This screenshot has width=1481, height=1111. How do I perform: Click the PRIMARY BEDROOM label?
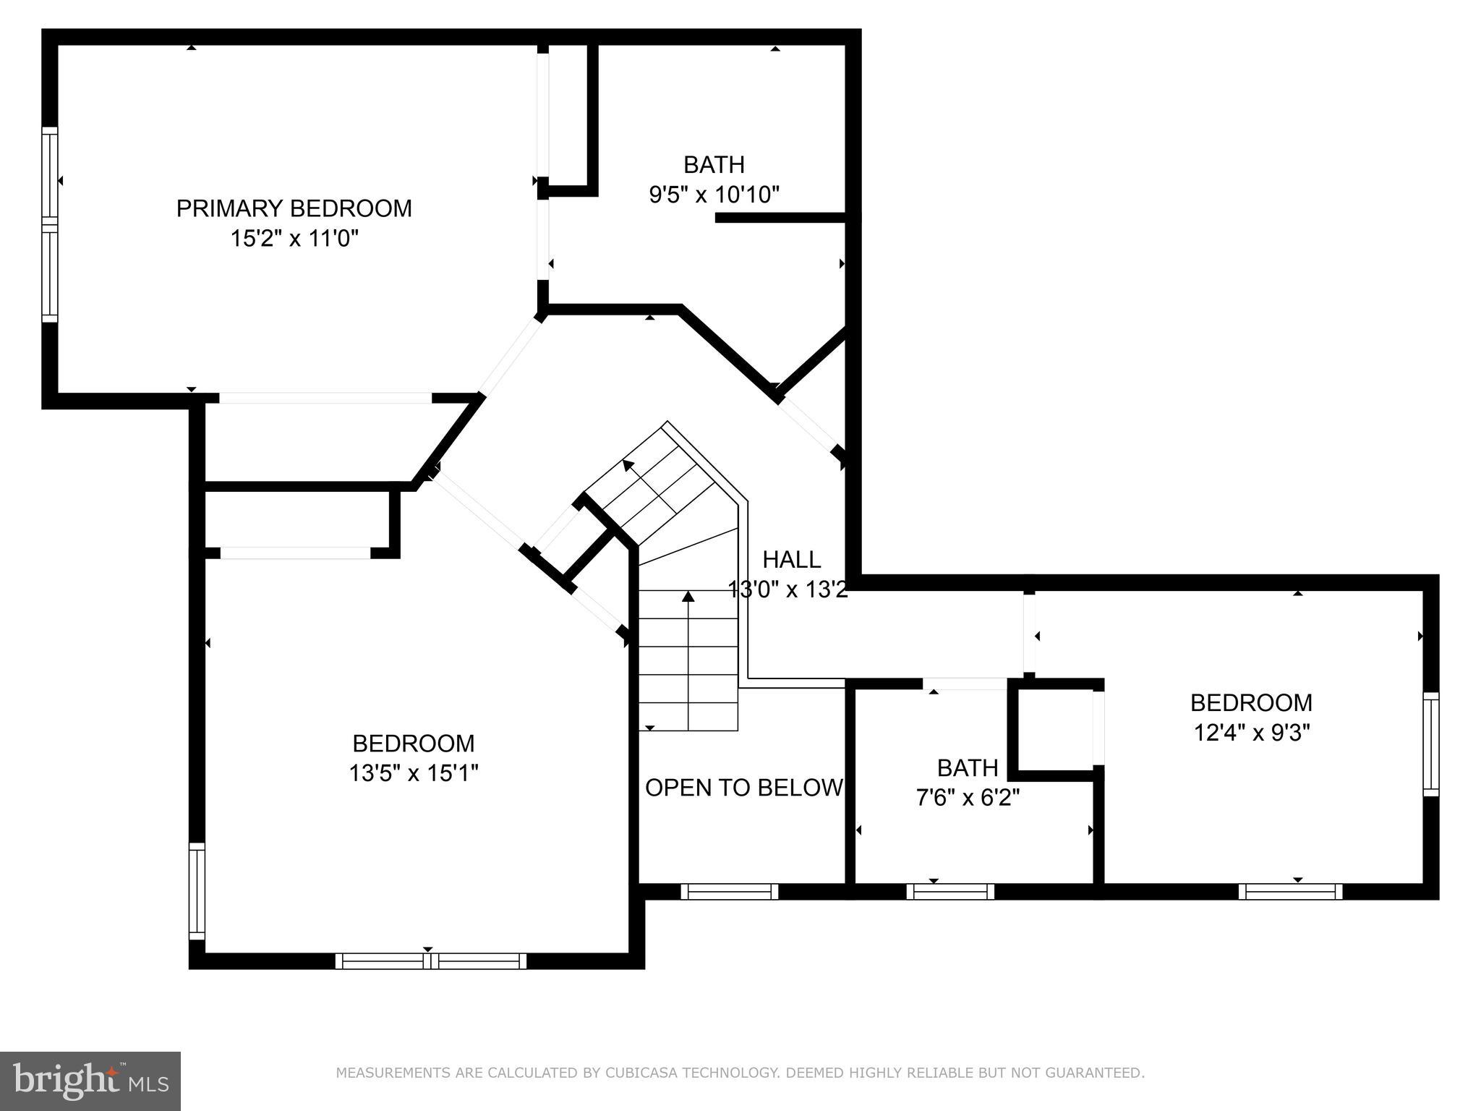coord(294,208)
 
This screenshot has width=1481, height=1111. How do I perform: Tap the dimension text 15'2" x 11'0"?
coord(294,239)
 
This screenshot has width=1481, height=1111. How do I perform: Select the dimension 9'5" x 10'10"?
coord(714,195)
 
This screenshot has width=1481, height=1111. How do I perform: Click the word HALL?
coord(791,560)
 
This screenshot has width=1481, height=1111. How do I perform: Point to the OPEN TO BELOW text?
coord(743,788)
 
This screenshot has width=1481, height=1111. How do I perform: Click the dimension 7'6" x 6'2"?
coord(968,798)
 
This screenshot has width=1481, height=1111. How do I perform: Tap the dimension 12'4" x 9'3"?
coord(1251,733)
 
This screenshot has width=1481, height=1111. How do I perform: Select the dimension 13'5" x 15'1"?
coord(414,773)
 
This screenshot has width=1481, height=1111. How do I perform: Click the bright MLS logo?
coord(90,1081)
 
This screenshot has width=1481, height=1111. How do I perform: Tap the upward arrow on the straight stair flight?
coord(688,597)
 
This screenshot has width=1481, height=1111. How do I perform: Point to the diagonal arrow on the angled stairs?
coord(628,465)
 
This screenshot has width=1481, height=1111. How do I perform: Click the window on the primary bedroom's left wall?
coord(49,224)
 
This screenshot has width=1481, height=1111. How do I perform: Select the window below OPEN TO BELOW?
coord(729,892)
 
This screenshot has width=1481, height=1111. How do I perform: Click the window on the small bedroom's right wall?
coord(1430,744)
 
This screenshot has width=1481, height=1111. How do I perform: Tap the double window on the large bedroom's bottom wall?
coord(431,961)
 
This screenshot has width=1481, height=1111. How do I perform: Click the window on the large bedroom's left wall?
coord(197,891)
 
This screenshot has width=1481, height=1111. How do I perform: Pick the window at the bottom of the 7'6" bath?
coord(950,892)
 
